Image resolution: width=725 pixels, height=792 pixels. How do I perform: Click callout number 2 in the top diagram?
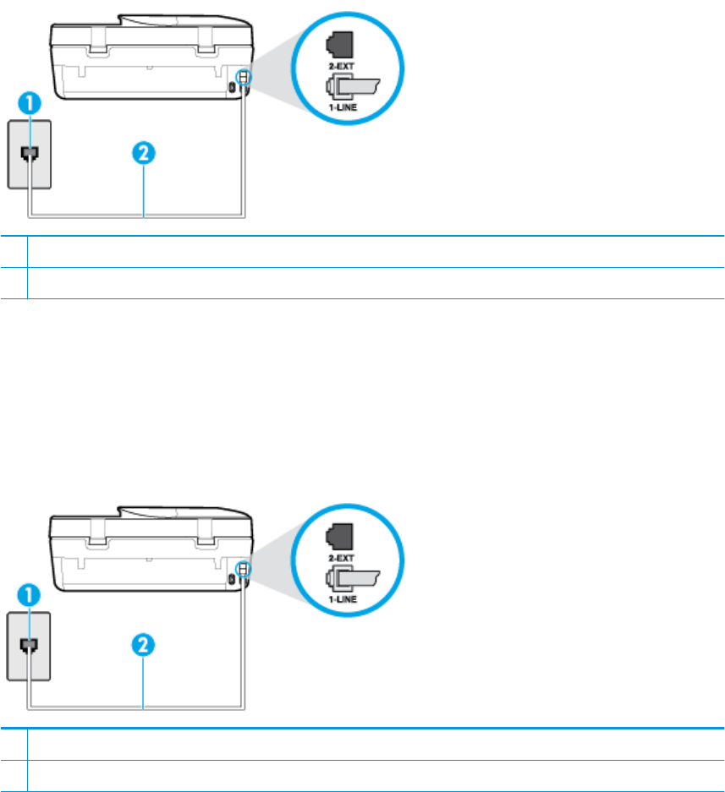click(x=145, y=155)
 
